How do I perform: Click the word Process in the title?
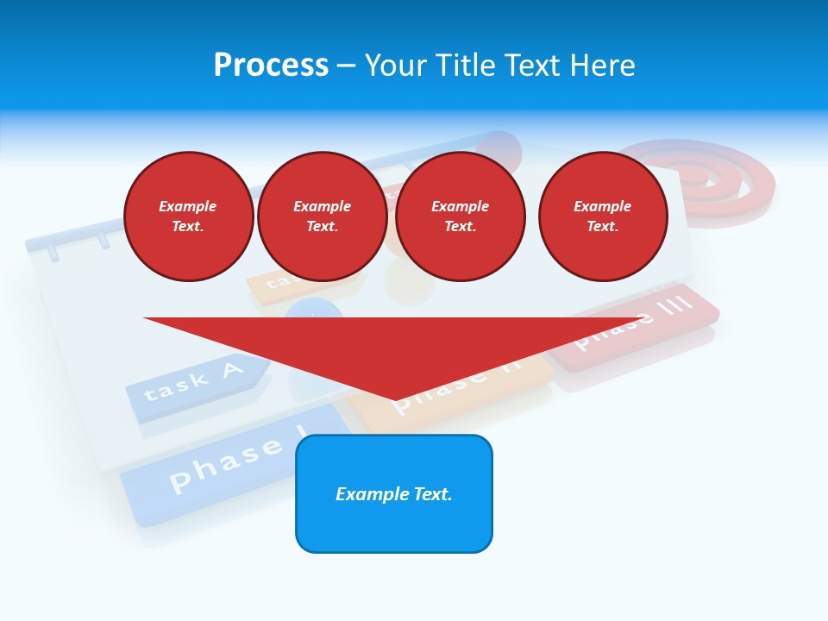point(271,66)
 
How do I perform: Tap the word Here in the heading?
point(602,66)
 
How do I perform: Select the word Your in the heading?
point(396,66)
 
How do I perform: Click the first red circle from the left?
point(188,216)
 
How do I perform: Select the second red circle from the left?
point(322,216)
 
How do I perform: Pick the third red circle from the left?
point(460,216)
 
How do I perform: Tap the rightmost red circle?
point(602,216)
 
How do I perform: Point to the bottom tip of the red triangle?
point(395,399)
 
